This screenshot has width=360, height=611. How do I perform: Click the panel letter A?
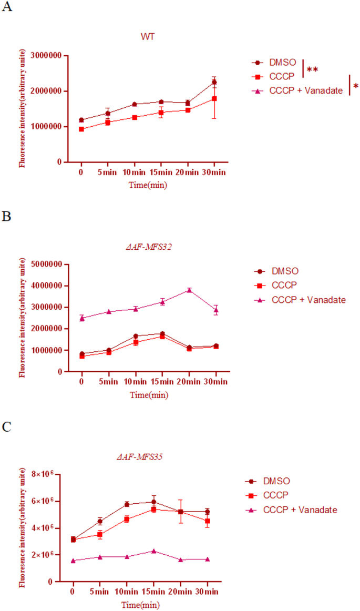[7, 9]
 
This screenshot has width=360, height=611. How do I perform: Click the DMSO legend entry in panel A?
[282, 62]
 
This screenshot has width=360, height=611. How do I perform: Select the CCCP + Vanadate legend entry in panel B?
[308, 300]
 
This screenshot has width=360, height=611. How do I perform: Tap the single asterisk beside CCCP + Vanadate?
[355, 86]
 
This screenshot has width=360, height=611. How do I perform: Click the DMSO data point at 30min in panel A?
[213, 82]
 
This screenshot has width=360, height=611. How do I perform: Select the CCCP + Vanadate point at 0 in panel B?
[81, 318]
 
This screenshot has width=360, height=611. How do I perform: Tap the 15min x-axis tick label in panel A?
[160, 172]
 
